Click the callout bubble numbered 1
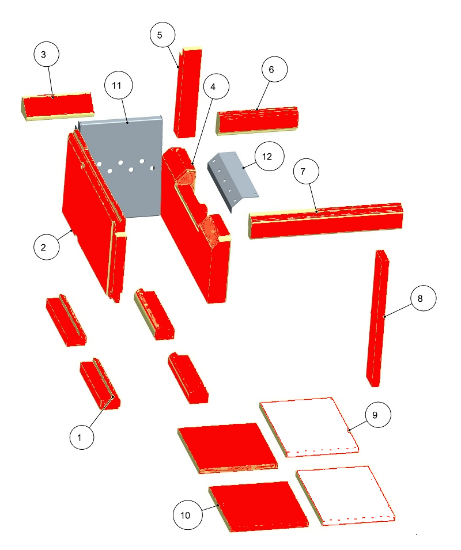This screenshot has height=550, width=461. pos(82,437)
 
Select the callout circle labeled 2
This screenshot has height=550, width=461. pos(46,247)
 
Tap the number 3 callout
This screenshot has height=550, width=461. pos(46,54)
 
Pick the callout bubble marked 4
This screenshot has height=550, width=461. pos(216,86)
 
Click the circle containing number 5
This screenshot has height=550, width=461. pos(163,35)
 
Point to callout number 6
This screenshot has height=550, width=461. pos(274,69)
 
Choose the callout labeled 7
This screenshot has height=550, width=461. pos(307,172)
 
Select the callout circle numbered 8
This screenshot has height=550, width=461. pos(424,298)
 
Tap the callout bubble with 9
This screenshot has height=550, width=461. pos(378,415)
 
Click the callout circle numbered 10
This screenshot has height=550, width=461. pos(188,515)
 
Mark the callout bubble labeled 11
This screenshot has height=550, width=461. pos(119,85)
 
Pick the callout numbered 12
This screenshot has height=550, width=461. pos(270,156)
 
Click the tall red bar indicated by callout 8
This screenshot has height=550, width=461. pos(377,318)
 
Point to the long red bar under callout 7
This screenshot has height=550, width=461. pos(326,220)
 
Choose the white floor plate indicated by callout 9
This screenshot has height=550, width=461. pos(309,427)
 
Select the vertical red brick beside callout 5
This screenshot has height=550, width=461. pos(188,92)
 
